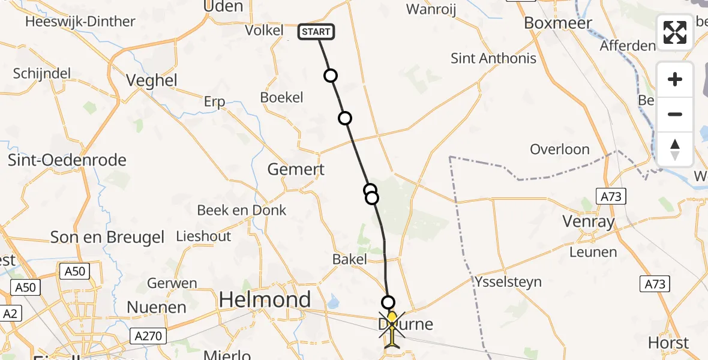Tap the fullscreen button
(675, 32)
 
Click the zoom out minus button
(675, 114)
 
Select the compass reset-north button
(675, 149)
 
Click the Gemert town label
(296, 169)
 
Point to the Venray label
(589, 222)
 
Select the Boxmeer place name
(558, 23)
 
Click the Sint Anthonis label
(493, 58)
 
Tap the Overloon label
(559, 149)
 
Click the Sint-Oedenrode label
(67, 160)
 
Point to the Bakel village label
(349, 259)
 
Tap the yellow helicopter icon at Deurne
(391, 329)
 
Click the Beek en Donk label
(242, 210)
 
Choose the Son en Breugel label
(107, 237)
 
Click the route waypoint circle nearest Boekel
(330, 76)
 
